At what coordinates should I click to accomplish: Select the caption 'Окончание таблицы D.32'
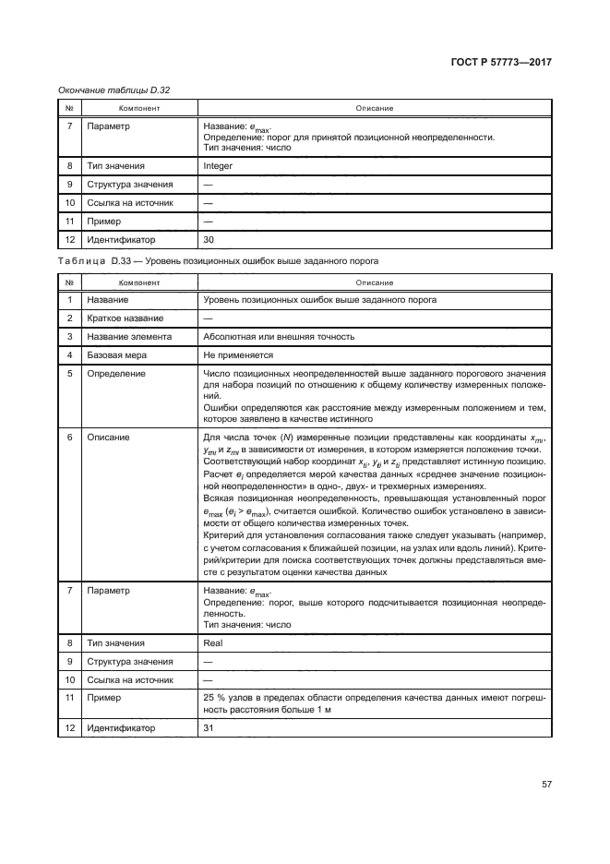tap(114, 90)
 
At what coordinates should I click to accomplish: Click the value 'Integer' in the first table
tap(217, 166)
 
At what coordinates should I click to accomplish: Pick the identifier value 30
tap(208, 238)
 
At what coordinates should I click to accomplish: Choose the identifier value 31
tap(208, 728)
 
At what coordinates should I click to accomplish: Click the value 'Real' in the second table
tap(211, 639)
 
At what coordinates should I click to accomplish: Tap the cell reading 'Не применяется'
tap(237, 354)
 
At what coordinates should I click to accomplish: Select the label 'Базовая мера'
tap(117, 354)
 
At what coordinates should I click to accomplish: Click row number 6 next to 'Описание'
tap(69, 437)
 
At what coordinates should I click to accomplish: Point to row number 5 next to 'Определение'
tap(69, 374)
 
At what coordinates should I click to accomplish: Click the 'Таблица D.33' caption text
tap(95, 261)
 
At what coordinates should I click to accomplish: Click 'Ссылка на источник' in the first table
tap(130, 202)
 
